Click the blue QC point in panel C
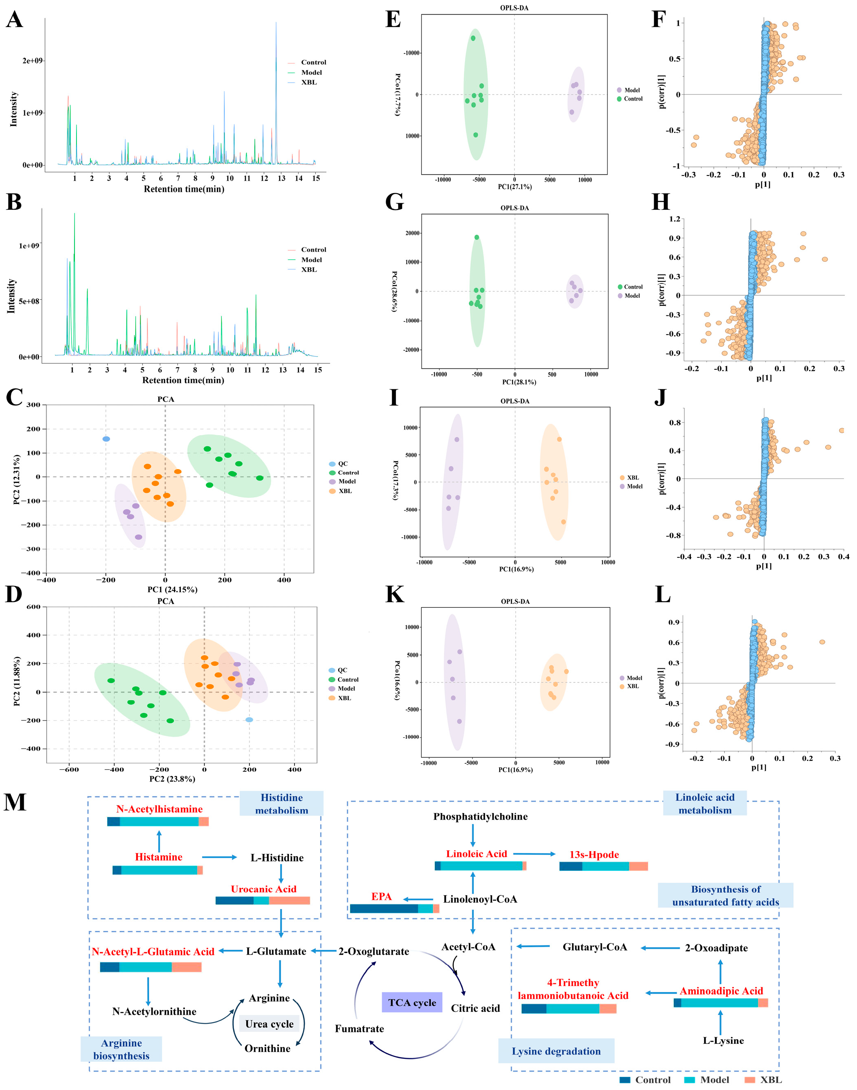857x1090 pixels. click(x=106, y=439)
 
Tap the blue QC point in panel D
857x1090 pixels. click(x=249, y=720)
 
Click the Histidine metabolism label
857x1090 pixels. click(x=281, y=804)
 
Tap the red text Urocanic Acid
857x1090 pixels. click(x=263, y=889)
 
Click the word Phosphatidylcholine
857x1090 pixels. click(x=480, y=816)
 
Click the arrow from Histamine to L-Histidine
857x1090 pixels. click(x=219, y=857)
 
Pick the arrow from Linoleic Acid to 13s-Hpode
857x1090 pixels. click(x=534, y=854)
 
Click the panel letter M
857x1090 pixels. click(x=15, y=802)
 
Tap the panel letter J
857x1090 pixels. click(x=660, y=397)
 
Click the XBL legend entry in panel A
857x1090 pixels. click(x=308, y=82)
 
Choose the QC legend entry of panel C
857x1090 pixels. click(x=342, y=464)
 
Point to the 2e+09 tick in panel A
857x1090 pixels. click(x=32, y=61)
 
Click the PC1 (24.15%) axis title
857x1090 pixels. click(x=172, y=589)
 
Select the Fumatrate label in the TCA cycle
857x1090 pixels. click(x=359, y=1029)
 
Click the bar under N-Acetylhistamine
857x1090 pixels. click(x=157, y=821)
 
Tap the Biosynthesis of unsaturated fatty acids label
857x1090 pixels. click(x=726, y=895)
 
